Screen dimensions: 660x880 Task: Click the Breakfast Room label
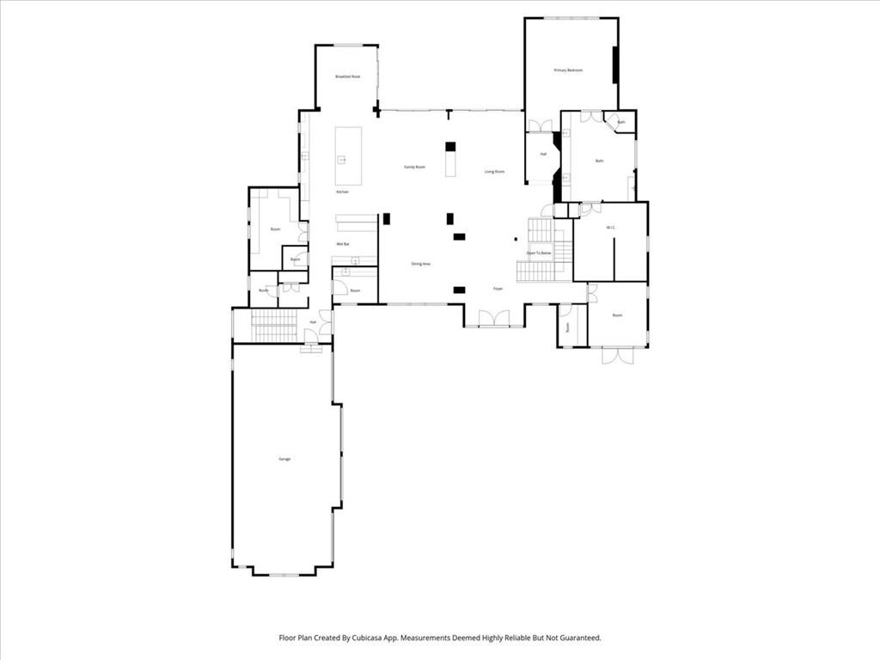pyautogui.click(x=347, y=77)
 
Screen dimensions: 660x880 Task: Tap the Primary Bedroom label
pyautogui.click(x=568, y=70)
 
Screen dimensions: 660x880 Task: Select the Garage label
pyautogui.click(x=284, y=459)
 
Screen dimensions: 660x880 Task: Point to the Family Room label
pyautogui.click(x=415, y=167)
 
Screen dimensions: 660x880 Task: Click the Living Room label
pyautogui.click(x=494, y=172)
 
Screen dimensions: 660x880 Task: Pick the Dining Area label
pyautogui.click(x=420, y=264)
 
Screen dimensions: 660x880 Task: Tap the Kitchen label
pyautogui.click(x=342, y=192)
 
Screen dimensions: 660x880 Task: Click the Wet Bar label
pyautogui.click(x=342, y=245)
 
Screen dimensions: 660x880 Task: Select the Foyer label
pyautogui.click(x=497, y=289)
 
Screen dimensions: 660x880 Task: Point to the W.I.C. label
pyautogui.click(x=610, y=228)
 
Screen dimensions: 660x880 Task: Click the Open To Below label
pyautogui.click(x=539, y=254)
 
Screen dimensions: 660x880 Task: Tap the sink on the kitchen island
pyautogui.click(x=341, y=159)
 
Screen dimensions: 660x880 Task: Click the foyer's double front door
pyautogui.click(x=494, y=320)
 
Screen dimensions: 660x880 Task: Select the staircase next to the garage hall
pyautogui.click(x=274, y=326)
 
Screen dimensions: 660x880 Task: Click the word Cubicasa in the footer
pyautogui.click(x=366, y=638)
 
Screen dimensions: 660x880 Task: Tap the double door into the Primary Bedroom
pyautogui.click(x=540, y=126)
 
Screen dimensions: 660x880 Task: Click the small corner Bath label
pyautogui.click(x=620, y=123)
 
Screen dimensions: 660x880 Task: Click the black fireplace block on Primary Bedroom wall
pyautogui.click(x=615, y=65)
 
